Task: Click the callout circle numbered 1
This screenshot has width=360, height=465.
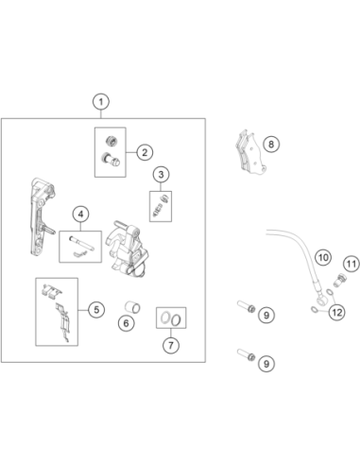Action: point(101,102)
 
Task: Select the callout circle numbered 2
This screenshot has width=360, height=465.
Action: point(145,152)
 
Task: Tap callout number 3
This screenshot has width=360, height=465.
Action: point(161,174)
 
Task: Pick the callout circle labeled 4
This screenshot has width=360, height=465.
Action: point(81,215)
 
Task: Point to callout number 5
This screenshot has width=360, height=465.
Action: point(96,310)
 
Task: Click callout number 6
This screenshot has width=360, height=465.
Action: point(127,323)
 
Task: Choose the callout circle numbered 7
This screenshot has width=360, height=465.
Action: point(171,345)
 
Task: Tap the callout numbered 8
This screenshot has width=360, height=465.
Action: point(271,145)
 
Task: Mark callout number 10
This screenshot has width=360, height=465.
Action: point(323,258)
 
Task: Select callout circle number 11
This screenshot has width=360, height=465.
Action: point(351,264)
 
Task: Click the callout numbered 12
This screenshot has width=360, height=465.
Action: point(337,313)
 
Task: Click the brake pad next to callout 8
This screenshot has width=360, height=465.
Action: point(250,154)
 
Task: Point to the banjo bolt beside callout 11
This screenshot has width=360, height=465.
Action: point(340,280)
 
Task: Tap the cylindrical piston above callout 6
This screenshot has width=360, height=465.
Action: point(132,307)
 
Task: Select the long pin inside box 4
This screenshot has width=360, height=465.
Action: point(81,244)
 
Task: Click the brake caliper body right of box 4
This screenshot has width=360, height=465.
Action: point(127,249)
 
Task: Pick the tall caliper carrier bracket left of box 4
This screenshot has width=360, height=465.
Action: point(42,216)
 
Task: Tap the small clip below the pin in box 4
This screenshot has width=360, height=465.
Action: point(79,253)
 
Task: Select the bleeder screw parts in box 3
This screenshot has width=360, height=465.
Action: point(161,206)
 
